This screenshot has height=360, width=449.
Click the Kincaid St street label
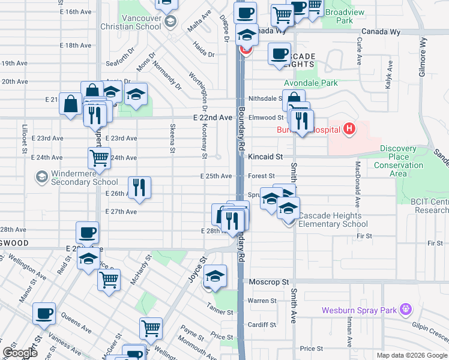tap(265, 157)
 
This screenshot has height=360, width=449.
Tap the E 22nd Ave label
tap(212, 118)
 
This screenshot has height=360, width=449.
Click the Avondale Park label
tap(311, 83)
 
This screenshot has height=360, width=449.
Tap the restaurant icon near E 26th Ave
tap(139, 187)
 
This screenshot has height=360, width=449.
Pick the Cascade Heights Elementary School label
tap(333, 220)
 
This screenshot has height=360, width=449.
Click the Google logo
tap(20, 352)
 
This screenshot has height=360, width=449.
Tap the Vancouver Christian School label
tap(140, 22)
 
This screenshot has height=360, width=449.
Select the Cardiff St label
tap(263, 325)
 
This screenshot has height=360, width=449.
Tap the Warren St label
tap(262, 301)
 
